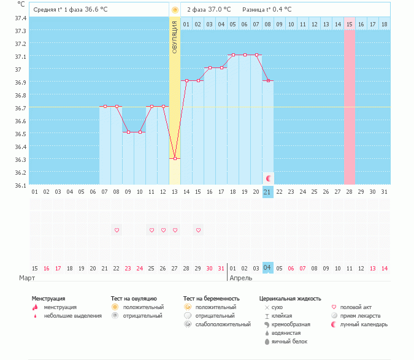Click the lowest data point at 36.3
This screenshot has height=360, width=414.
pos(175,158)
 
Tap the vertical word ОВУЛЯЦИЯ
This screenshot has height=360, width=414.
pos(175,37)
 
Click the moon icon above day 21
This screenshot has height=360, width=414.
pos(268,178)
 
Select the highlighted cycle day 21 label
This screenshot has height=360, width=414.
pos(267,192)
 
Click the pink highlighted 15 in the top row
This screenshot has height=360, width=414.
pos(350,24)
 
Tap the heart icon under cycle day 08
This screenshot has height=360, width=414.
pos(117,230)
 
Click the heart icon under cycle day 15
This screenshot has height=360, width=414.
pos(198,230)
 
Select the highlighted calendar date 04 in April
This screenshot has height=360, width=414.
pos(267,268)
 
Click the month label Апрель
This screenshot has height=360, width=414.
pos(240,278)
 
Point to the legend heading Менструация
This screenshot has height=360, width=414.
pos(48,299)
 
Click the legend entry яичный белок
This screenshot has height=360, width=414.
pos(289,342)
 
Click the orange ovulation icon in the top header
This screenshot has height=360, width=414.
pos(175,10)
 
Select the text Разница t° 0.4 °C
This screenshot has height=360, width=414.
pos(267,10)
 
